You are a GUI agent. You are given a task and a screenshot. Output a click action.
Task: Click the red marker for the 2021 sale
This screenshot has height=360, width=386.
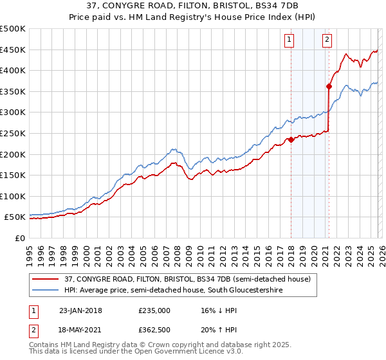pos(329,86)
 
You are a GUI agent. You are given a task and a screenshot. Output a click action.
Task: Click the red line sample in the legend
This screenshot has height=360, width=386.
pos(46,279)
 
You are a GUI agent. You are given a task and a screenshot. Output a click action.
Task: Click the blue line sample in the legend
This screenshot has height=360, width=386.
pos(46,290)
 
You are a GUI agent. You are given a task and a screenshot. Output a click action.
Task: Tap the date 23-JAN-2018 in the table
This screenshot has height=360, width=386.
pos(80,310)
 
